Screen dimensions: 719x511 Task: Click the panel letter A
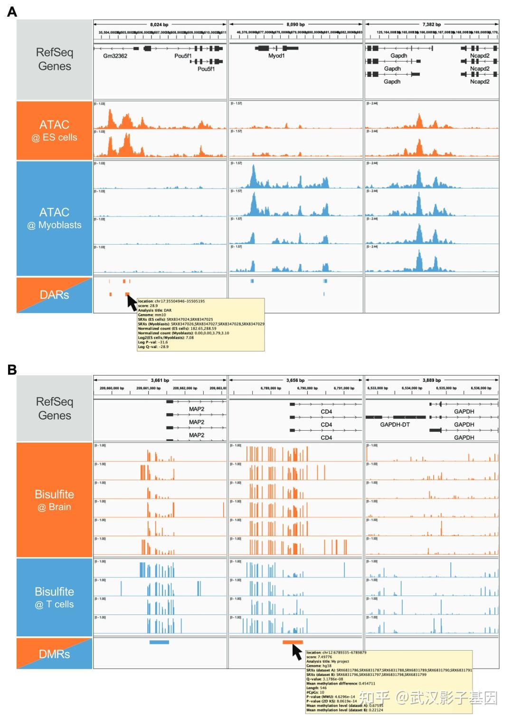click(12, 12)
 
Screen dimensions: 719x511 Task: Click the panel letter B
click(12, 369)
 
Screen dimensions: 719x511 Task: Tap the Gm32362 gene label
click(115, 56)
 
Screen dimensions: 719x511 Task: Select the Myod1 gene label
click(276, 56)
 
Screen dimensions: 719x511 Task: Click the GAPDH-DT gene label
click(395, 425)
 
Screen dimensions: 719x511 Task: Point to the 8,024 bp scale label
click(159, 24)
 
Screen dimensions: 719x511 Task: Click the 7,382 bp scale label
click(431, 24)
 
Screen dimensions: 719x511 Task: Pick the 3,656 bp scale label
click(295, 380)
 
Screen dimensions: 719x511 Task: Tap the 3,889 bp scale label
click(431, 380)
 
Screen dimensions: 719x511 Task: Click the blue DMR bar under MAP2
click(159, 642)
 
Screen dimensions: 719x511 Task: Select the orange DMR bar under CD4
click(293, 642)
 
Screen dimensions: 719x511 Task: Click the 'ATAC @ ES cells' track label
click(54, 131)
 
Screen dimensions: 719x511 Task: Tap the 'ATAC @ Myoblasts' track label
click(54, 218)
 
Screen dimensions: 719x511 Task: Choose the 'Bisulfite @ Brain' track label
click(54, 500)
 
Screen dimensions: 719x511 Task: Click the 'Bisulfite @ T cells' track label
click(54, 597)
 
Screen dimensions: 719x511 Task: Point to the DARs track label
click(54, 295)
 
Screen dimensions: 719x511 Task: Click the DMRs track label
click(54, 654)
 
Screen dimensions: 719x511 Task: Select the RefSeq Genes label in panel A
click(54, 59)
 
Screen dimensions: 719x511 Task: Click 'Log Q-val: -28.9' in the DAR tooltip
click(153, 347)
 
